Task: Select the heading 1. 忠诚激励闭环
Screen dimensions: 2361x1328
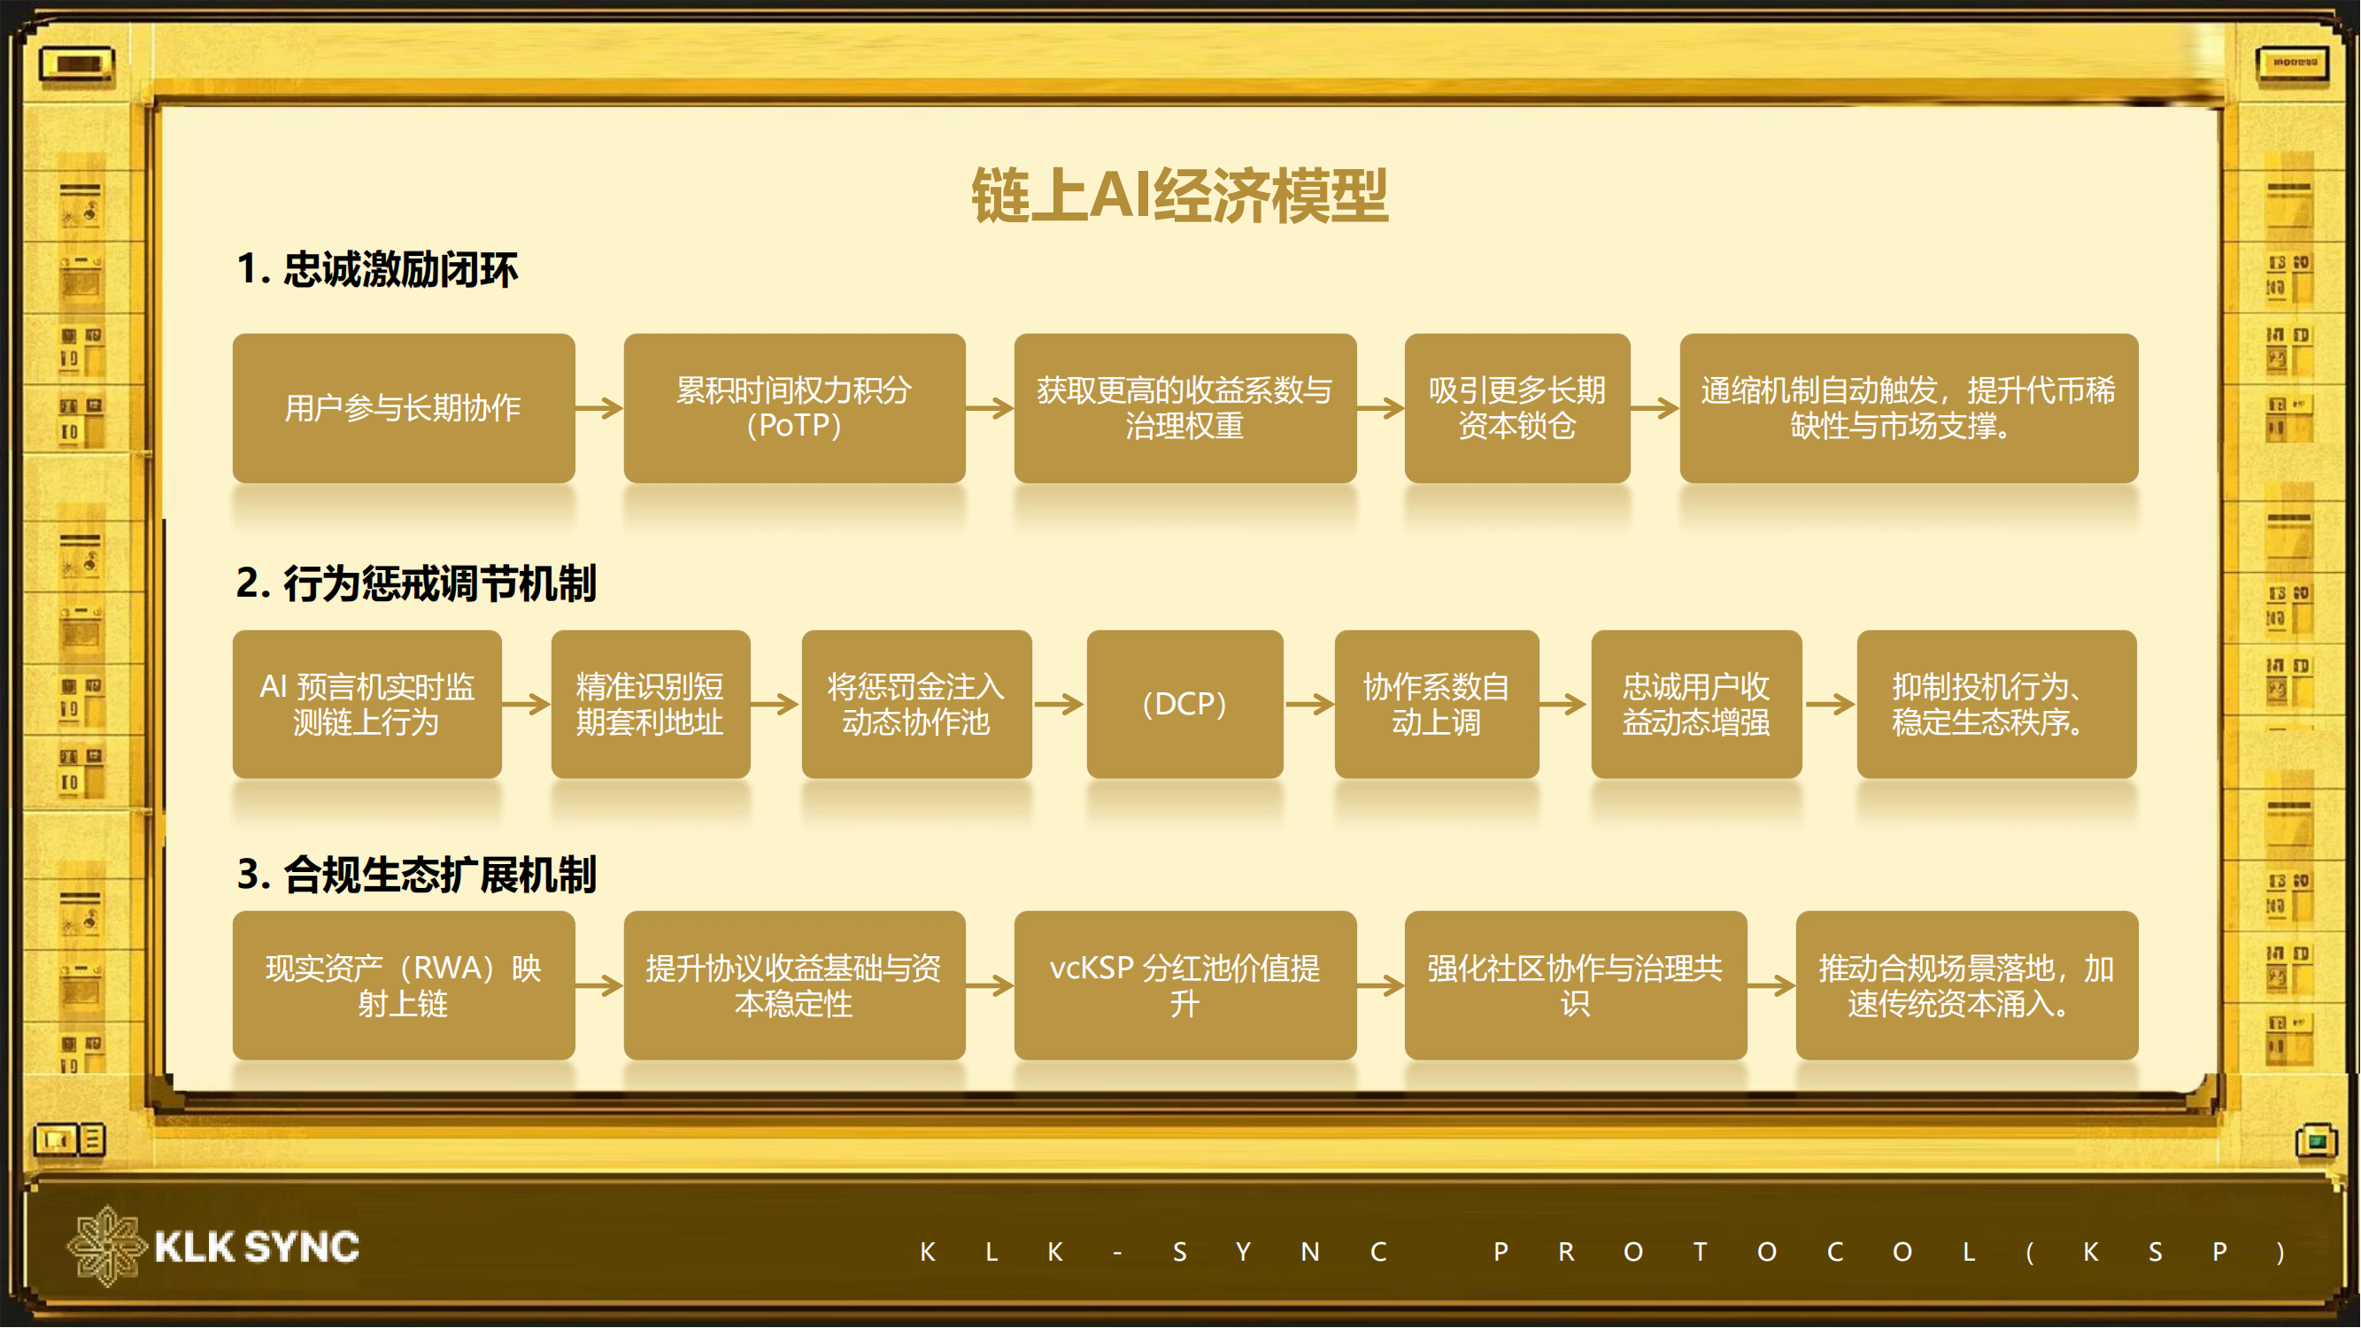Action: [x=377, y=269]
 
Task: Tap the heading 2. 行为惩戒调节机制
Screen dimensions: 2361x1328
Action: [x=416, y=583]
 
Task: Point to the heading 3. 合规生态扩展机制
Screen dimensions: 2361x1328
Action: [x=416, y=875]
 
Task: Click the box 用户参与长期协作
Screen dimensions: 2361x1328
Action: [x=404, y=408]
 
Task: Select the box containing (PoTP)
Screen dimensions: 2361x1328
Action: [x=794, y=408]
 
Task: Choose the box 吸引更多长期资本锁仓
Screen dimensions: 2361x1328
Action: [x=1516, y=408]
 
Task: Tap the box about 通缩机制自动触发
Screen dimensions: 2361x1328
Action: [x=1909, y=408]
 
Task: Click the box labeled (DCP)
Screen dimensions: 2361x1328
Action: [x=1184, y=704]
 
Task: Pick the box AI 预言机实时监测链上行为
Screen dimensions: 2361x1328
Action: [x=366, y=704]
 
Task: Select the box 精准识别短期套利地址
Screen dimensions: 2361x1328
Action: [x=650, y=704]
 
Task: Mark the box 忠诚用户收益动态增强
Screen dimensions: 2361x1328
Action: [x=1695, y=704]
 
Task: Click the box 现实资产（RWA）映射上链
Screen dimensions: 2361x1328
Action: [x=404, y=985]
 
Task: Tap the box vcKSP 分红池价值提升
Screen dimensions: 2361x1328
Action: [x=1184, y=985]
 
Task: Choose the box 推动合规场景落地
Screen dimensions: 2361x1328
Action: [x=1967, y=985]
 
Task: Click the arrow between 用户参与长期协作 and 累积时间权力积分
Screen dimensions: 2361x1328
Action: [x=599, y=408]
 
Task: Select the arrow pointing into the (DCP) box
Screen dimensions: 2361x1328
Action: [x=1059, y=704]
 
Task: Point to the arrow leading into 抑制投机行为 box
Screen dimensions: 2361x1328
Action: [x=1830, y=704]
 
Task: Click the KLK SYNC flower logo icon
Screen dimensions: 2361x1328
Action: [x=106, y=1247]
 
